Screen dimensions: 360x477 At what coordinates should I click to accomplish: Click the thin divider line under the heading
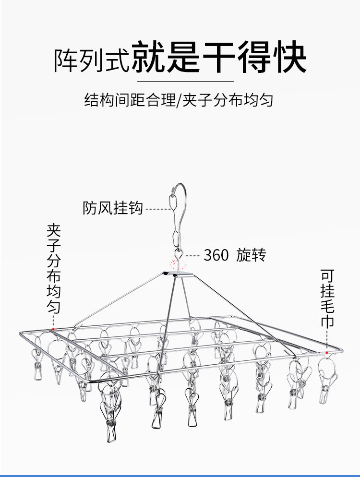[180, 81]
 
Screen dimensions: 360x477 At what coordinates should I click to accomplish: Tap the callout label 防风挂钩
[113, 208]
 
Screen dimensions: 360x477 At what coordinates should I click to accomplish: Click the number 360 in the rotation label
[216, 255]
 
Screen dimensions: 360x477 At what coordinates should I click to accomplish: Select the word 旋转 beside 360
[251, 255]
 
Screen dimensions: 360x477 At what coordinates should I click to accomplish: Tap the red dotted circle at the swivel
[176, 263]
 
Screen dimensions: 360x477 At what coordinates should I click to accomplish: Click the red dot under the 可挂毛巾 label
[327, 353]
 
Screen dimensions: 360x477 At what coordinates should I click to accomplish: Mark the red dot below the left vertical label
[53, 329]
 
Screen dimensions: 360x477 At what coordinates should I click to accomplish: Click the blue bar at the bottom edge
[180, 475]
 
